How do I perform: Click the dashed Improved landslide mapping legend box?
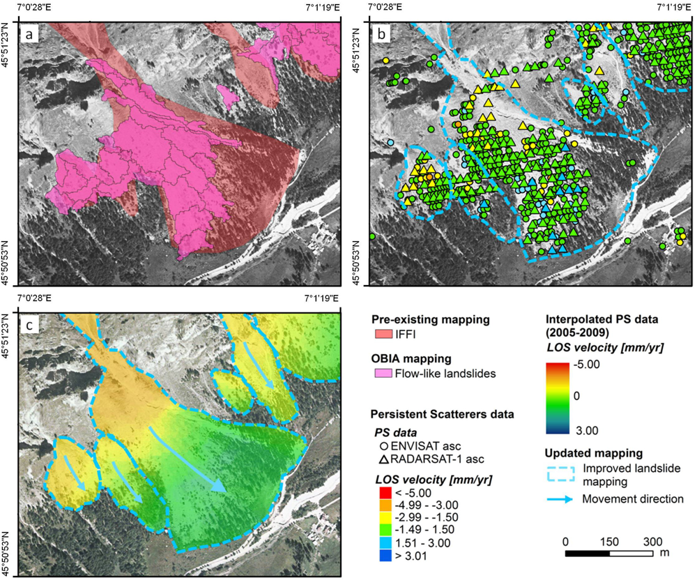(x=558, y=473)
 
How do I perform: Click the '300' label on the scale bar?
(x=652, y=541)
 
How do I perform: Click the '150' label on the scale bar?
(x=610, y=541)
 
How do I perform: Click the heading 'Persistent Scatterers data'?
(x=442, y=414)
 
